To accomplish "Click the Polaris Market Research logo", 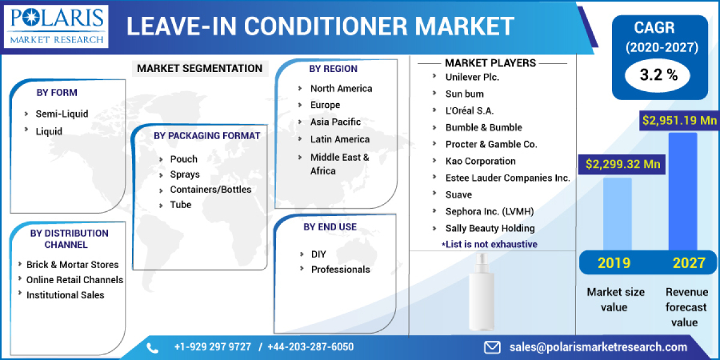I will (58, 26).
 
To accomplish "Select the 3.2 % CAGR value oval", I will (658, 75).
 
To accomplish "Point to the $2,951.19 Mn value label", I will (680, 121).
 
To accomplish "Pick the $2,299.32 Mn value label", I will (622, 163).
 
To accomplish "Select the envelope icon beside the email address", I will (493, 347).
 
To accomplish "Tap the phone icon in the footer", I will (152, 347).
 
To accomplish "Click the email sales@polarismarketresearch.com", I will (598, 347).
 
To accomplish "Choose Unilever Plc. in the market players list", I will (472, 77).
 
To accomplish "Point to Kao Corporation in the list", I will (480, 161).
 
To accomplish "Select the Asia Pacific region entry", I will (335, 122).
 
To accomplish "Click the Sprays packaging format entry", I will (185, 175).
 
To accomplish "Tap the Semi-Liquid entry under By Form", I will (62, 113).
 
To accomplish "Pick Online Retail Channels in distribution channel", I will (74, 280).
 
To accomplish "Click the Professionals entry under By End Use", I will (340, 269).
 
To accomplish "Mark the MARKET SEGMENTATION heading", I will (200, 68).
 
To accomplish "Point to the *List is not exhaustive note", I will (489, 244).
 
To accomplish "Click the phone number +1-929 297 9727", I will (213, 347).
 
